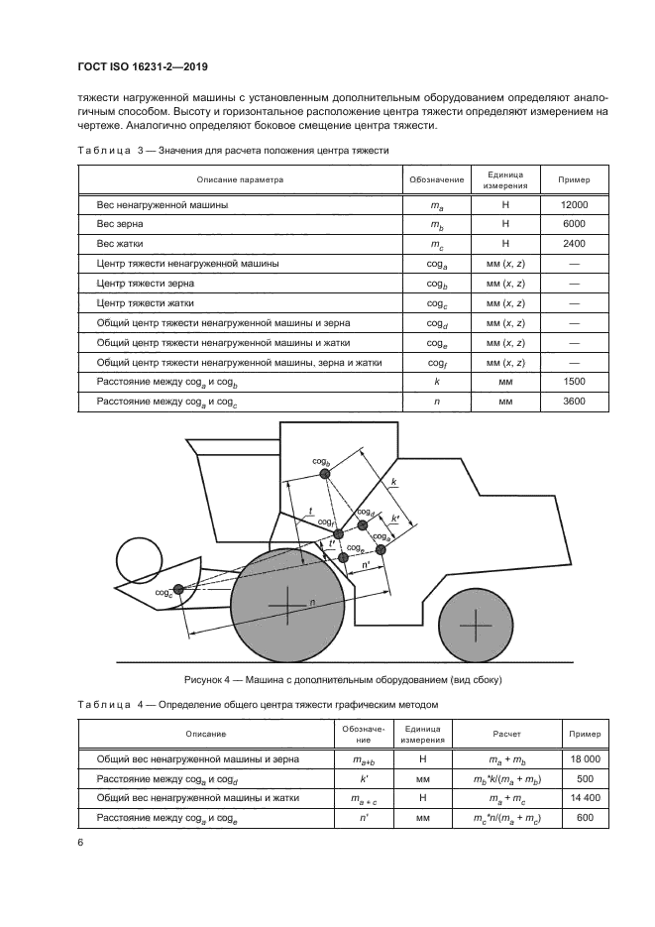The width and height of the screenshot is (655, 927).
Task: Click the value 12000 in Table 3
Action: [x=574, y=204]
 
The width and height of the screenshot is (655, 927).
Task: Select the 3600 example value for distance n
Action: [x=574, y=402]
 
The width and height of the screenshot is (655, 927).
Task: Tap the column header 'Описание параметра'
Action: [x=239, y=180]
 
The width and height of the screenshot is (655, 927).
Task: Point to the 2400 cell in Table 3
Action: [x=574, y=244]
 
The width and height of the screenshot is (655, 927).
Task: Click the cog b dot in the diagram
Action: [x=324, y=474]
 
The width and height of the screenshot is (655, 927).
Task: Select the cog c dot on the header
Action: [x=178, y=590]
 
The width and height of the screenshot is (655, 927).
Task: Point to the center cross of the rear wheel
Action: [x=476, y=625]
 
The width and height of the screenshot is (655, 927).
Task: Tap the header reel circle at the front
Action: [x=142, y=561]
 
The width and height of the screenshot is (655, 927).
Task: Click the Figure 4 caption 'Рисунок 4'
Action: [x=212, y=680]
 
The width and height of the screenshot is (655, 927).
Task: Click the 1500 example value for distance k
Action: [x=574, y=382]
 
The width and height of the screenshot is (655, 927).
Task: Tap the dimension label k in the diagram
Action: [x=393, y=482]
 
